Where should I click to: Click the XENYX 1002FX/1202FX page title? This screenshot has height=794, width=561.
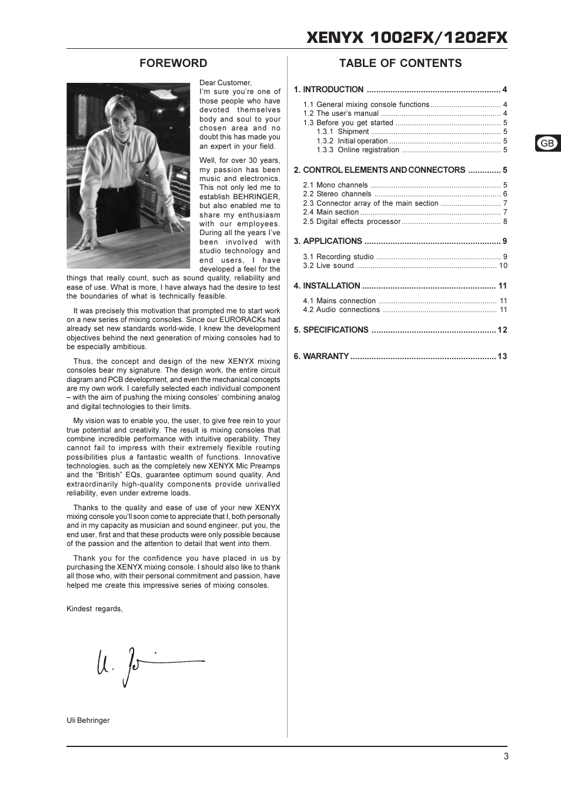[x=406, y=38]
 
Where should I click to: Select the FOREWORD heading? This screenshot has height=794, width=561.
[x=173, y=63]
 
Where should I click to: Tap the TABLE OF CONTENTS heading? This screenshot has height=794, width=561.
[x=400, y=63]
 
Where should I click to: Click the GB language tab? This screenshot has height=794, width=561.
[x=547, y=143]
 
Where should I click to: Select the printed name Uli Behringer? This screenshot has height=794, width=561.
[x=88, y=721]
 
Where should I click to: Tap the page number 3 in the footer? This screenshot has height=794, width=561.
[x=506, y=756]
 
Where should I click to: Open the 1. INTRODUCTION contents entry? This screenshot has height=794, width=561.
[x=329, y=90]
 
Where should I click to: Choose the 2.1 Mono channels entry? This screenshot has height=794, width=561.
[x=335, y=185]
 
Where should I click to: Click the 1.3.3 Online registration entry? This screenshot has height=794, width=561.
[x=358, y=150]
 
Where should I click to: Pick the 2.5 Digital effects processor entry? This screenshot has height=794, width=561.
[x=352, y=222]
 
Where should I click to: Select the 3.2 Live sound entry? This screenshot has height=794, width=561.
[x=328, y=266]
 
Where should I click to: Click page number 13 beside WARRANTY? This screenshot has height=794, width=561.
[x=502, y=356]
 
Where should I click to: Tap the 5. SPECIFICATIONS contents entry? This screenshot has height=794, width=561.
[x=331, y=330]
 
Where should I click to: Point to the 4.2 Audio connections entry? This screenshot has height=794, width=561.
[x=341, y=310]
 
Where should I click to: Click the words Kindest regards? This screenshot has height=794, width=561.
[x=94, y=609]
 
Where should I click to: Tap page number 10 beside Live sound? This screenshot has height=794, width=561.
[x=503, y=266]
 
